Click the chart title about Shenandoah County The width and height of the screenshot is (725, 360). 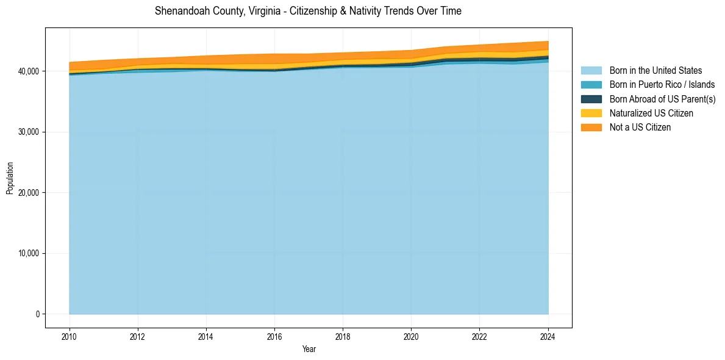tap(308, 11)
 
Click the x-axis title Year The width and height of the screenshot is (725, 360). tap(309, 349)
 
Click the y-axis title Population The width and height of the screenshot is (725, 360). tap(10, 178)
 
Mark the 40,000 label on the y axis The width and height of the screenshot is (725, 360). tap(27, 71)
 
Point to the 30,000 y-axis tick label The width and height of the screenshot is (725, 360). tap(27, 132)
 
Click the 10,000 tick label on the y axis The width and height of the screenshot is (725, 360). tap(27, 253)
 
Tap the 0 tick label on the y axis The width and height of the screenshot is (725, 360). tap(37, 314)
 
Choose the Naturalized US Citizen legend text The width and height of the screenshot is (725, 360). tap(651, 113)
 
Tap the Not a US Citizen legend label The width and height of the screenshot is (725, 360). tap(640, 127)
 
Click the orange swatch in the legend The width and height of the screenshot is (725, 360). tap(591, 127)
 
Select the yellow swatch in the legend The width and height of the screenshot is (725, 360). tap(591, 113)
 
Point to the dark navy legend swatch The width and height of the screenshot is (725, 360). tap(591, 99)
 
